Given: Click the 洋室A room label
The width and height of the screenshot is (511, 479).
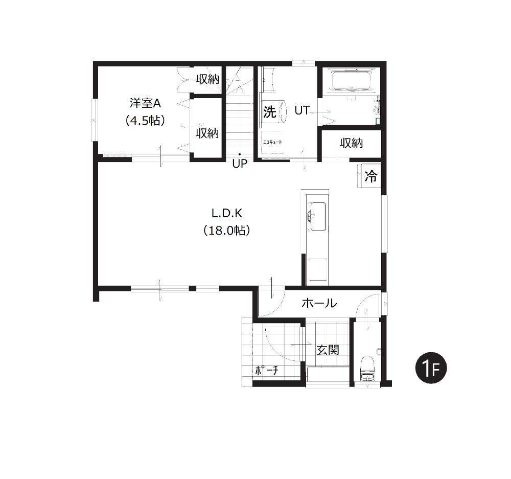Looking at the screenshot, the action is point(145,103).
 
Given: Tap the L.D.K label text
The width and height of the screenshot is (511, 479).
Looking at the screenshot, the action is point(227,213).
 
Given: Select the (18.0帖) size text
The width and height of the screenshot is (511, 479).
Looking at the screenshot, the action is point(227,231).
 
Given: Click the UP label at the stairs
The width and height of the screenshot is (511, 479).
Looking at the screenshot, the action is point(240,164).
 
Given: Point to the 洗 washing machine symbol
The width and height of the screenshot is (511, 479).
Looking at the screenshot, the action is point(270,112).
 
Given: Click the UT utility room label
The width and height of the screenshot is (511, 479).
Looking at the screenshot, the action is point(302,110).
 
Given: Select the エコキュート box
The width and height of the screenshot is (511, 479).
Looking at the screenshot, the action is point(272,143).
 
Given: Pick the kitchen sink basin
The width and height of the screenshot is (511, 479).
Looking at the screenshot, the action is point(317,217).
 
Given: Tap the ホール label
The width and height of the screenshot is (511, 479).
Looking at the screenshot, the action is point(319,303).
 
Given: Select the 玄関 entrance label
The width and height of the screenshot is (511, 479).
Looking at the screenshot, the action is point(328,350).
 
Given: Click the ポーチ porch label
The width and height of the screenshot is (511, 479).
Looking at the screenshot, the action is point(267,371).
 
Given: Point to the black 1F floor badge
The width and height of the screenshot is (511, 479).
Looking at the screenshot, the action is point(431,368).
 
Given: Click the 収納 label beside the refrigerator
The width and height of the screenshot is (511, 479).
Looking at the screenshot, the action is point(352,143).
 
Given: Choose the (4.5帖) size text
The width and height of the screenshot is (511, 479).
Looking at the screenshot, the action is point(145,121).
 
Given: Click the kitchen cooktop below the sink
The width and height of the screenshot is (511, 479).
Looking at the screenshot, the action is point(317,269).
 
